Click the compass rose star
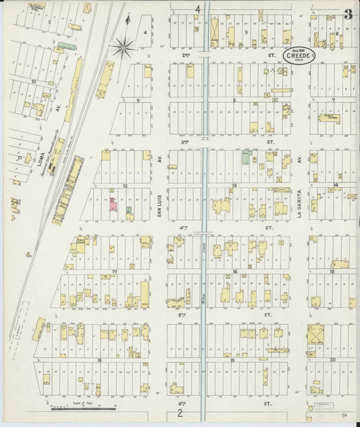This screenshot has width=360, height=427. pos(124,47)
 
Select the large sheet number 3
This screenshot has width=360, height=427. pos(347,15)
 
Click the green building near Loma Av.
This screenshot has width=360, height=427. pos(65,47)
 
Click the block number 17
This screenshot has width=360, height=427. pos(115,272)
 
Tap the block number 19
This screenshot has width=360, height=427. pos(232,360)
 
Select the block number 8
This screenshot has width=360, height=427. pos(234,99)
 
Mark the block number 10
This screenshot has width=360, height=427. pos(32,81)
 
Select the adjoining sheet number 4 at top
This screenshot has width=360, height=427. pos(198,9)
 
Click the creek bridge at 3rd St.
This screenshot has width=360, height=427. pos(205,140)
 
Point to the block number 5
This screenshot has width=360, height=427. pos(247,32)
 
